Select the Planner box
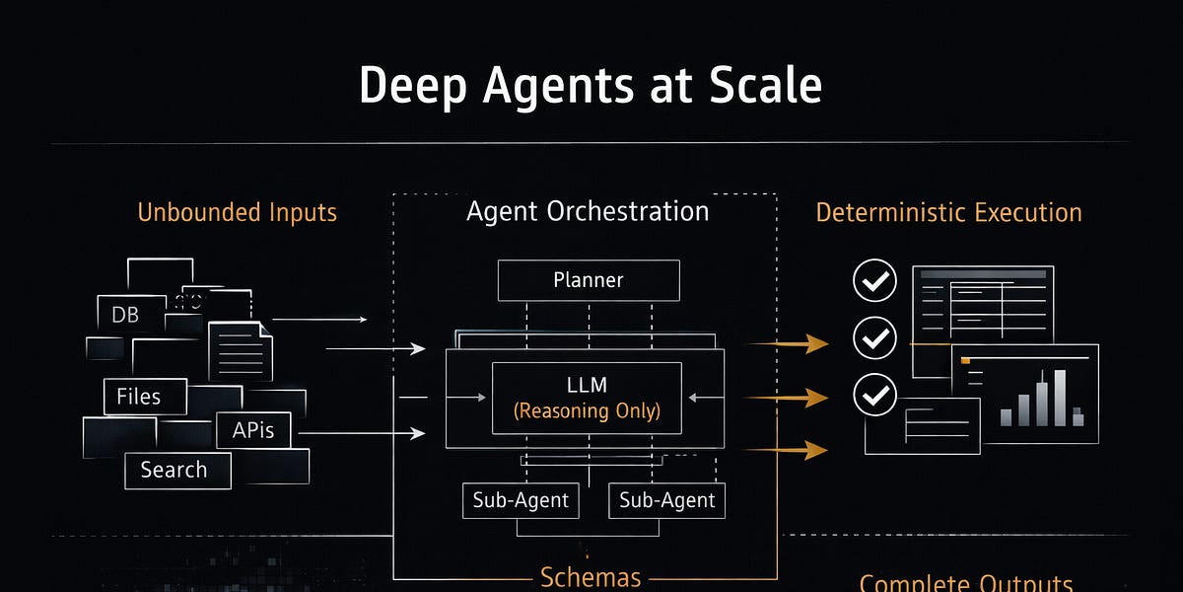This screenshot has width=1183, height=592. (x=589, y=280)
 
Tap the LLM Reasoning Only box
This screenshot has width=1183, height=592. (x=587, y=398)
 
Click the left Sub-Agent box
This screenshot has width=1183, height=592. (x=521, y=500)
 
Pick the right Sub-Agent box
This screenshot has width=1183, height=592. (x=667, y=500)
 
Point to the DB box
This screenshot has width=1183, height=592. (x=126, y=315)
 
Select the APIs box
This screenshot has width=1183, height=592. (x=253, y=430)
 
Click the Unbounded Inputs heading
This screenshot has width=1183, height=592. (x=237, y=212)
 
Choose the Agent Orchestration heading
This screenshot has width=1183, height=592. (x=587, y=211)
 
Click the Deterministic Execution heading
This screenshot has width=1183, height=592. (x=948, y=212)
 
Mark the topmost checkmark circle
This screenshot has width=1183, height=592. (x=874, y=282)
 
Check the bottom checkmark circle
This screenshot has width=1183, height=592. (x=874, y=396)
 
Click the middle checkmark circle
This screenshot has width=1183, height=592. (x=874, y=338)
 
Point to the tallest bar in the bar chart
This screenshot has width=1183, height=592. (x=1060, y=398)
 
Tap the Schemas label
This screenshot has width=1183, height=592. (x=591, y=577)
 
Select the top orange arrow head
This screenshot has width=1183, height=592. (x=815, y=343)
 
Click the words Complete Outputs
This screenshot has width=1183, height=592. (x=965, y=583)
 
